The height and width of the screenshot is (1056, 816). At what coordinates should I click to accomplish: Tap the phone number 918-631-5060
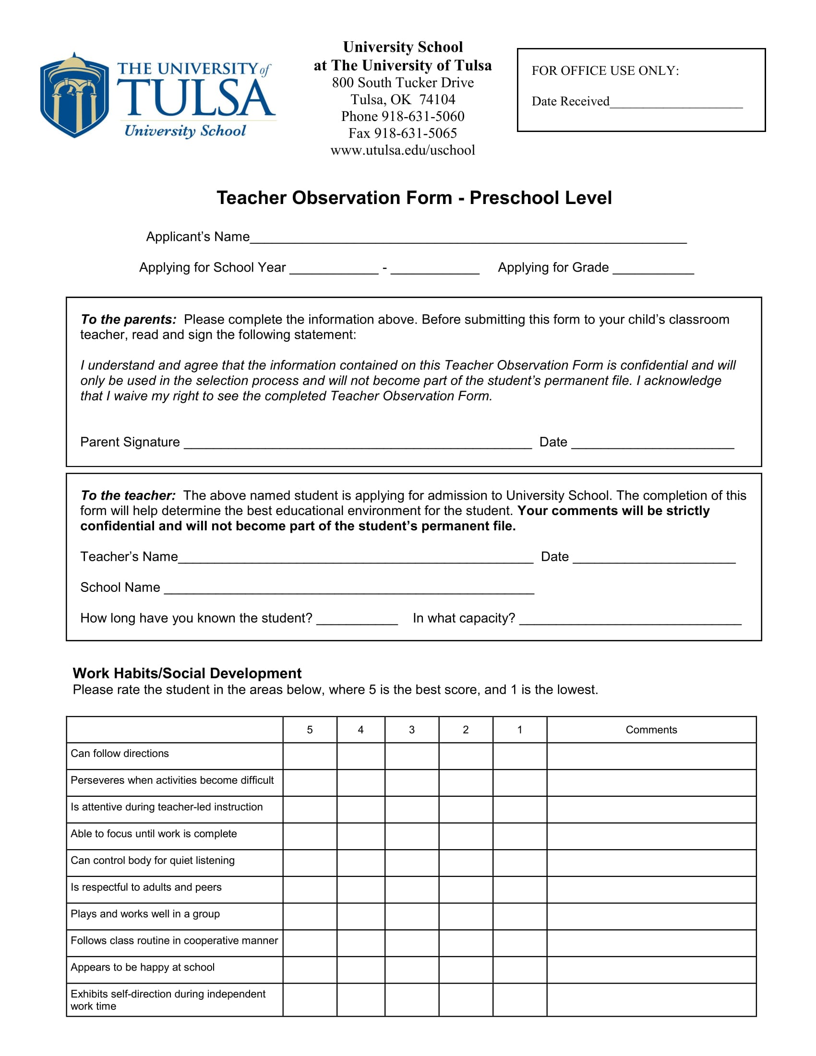pos(422,117)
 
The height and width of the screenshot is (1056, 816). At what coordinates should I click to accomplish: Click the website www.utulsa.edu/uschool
pos(403,150)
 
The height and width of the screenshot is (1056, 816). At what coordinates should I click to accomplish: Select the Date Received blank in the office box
pos(675,103)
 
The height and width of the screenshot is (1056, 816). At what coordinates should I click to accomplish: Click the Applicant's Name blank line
pos(468,238)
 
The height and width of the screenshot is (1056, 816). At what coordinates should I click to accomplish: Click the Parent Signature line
pos(358,443)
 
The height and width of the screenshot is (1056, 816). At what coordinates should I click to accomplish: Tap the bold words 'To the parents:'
pos(129,320)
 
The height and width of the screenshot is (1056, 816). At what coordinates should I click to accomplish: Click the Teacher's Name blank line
pos(355,557)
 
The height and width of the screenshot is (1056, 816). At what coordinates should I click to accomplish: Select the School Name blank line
pos(349,588)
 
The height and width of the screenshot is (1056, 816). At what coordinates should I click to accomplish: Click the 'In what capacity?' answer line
pos(630,619)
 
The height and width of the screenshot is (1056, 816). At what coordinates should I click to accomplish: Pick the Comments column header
pos(651,730)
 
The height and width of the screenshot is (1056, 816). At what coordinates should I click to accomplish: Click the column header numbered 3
pos(411,730)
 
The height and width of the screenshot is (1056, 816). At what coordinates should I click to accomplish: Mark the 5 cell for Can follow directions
pos(310,756)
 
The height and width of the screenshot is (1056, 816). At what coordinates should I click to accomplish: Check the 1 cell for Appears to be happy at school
pos(519,970)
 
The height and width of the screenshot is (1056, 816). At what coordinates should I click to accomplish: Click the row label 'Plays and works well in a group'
pos(145,914)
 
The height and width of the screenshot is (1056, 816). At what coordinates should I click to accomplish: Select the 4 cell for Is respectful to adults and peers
pos(360,889)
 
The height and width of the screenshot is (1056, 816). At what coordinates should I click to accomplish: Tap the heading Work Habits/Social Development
pos(187,673)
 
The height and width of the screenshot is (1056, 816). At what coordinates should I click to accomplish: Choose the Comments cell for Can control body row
pos(651,863)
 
